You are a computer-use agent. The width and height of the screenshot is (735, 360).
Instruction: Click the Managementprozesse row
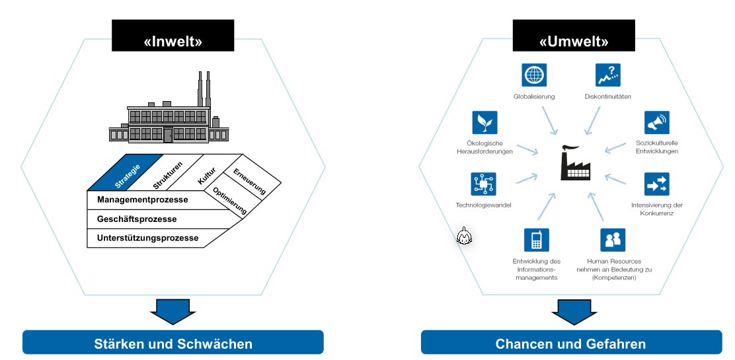point(142,199)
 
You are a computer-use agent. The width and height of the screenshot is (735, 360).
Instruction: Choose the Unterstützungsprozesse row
point(147,238)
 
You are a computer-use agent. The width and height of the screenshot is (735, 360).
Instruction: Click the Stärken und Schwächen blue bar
point(173,343)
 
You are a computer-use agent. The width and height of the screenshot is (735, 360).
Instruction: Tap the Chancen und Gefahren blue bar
point(570,343)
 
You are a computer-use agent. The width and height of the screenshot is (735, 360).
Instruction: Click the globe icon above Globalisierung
point(534,75)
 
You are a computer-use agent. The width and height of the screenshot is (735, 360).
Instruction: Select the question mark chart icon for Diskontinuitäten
point(607,75)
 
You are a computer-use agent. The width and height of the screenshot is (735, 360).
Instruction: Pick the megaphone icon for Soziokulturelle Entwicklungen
point(657,122)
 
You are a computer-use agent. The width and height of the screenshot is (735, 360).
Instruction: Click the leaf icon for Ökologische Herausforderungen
point(484,122)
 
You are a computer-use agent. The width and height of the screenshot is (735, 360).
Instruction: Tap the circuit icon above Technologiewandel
point(483,184)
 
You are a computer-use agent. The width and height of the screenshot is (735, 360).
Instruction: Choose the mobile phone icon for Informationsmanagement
point(536,240)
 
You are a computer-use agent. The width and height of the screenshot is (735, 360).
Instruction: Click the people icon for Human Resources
point(612,240)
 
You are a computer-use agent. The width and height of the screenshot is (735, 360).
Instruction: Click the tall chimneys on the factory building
point(204,88)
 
